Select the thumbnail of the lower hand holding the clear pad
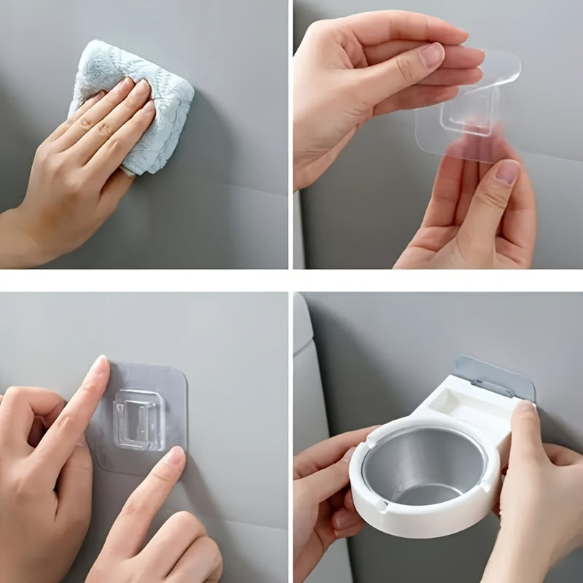coord(506,172)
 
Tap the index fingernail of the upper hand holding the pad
coord(433,55)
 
